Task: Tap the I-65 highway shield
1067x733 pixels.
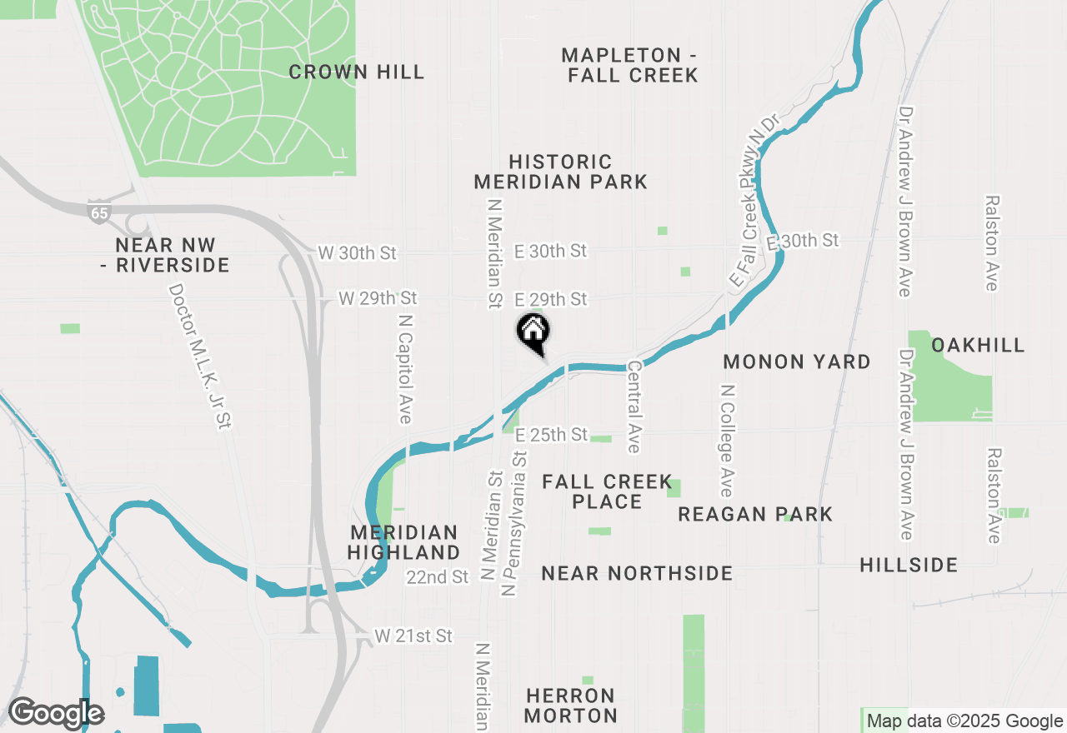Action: click(x=99, y=212)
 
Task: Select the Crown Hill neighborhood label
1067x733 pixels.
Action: click(x=357, y=72)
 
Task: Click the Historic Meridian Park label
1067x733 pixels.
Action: click(x=560, y=172)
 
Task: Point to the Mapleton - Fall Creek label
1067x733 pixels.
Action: click(x=629, y=65)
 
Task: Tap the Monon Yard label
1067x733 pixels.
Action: click(x=797, y=362)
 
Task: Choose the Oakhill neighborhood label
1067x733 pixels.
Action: click(x=978, y=345)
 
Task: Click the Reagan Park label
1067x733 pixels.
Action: click(x=755, y=514)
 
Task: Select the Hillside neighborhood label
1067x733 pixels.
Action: click(x=909, y=566)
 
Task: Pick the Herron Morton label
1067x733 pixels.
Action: click(x=572, y=706)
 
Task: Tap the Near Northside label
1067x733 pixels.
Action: click(x=637, y=573)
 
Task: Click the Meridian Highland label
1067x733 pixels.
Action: click(x=403, y=542)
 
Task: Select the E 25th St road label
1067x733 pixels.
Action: click(x=551, y=436)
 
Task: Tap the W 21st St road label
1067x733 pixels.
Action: click(x=413, y=636)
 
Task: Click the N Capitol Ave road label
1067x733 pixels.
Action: click(x=405, y=368)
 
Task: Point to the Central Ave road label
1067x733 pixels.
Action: click(x=634, y=406)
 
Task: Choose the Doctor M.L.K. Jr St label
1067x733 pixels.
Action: click(x=198, y=357)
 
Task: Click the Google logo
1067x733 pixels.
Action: click(x=55, y=713)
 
